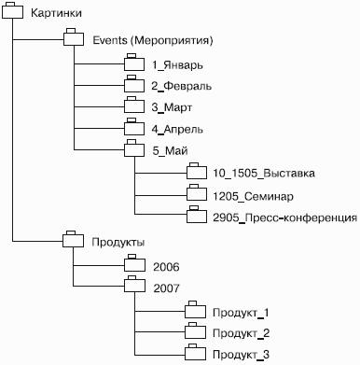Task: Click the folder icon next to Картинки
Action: pyautogui.click(x=12, y=11)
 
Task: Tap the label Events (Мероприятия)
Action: pyautogui.click(x=153, y=40)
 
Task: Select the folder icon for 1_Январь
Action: pyautogui.click(x=134, y=63)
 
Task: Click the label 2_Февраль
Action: pyautogui.click(x=182, y=86)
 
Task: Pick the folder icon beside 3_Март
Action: pyautogui.click(x=134, y=105)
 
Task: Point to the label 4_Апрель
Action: pyautogui.click(x=177, y=129)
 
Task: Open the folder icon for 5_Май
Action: pyautogui.click(x=134, y=148)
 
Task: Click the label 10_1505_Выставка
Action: pyautogui.click(x=264, y=174)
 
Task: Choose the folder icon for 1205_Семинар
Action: pyautogui.click(x=197, y=193)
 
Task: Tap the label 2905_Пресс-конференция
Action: pyautogui.click(x=284, y=218)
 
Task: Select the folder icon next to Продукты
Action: pyautogui.click(x=73, y=239)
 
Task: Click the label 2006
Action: pyautogui.click(x=166, y=267)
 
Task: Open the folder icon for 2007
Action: pyautogui.click(x=134, y=284)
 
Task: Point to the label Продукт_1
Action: pyautogui.click(x=241, y=313)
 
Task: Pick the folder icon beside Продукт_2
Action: pyautogui.click(x=195, y=330)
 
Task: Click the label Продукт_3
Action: pyautogui.click(x=241, y=355)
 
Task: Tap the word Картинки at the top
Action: pyautogui.click(x=56, y=13)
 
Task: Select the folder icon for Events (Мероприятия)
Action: pyautogui.click(x=74, y=37)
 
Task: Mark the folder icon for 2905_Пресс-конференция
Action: pyautogui.click(x=197, y=215)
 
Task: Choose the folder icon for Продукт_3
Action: pyautogui.click(x=195, y=352)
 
